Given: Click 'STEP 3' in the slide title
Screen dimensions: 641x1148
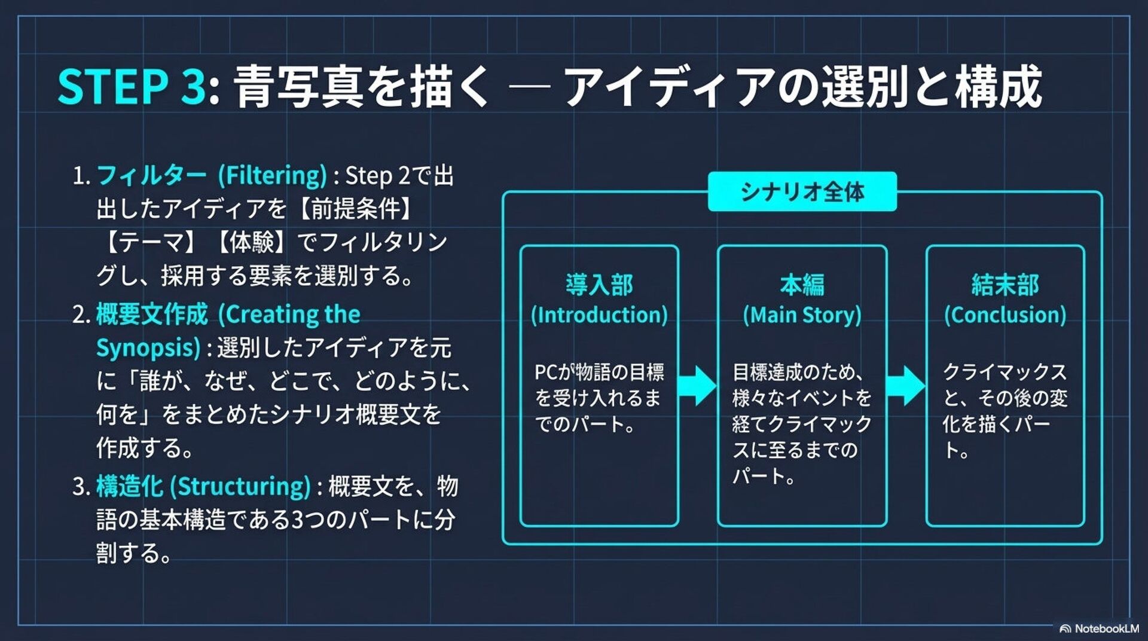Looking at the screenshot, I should pyautogui.click(x=132, y=87).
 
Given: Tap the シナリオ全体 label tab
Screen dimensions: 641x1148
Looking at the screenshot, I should pyautogui.click(x=802, y=192).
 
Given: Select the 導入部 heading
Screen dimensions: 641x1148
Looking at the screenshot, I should pyautogui.click(x=599, y=285).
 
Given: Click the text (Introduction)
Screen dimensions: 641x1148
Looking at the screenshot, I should pyautogui.click(x=599, y=315).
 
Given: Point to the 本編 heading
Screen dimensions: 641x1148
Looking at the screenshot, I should pyautogui.click(x=802, y=285).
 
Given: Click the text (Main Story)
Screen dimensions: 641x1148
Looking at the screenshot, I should pyautogui.click(x=802, y=315).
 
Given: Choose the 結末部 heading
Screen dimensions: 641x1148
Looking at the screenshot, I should pyautogui.click(x=1005, y=285).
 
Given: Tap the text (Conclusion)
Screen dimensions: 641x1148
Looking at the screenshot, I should pyautogui.click(x=1005, y=315).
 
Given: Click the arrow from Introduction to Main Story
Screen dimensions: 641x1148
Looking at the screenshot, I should pyautogui.click(x=698, y=386).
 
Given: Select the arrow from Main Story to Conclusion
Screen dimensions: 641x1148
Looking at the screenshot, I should pyautogui.click(x=906, y=386).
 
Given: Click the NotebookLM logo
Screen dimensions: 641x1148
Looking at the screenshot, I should pyautogui.click(x=1099, y=628).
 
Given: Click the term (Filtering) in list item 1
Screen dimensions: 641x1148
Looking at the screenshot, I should pyautogui.click(x=272, y=176).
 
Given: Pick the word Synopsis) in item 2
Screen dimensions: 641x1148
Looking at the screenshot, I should pyautogui.click(x=148, y=348).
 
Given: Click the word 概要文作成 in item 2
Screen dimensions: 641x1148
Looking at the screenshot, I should pyautogui.click(x=152, y=315).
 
